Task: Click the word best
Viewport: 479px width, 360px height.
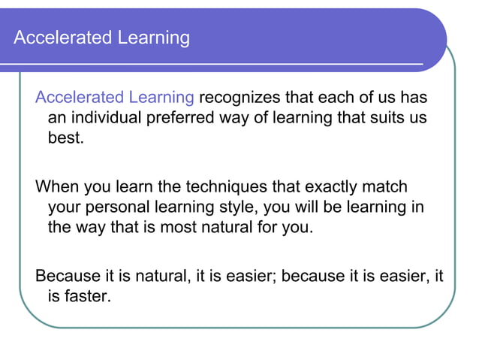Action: (x=65, y=139)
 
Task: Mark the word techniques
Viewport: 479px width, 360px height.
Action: (x=224, y=186)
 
